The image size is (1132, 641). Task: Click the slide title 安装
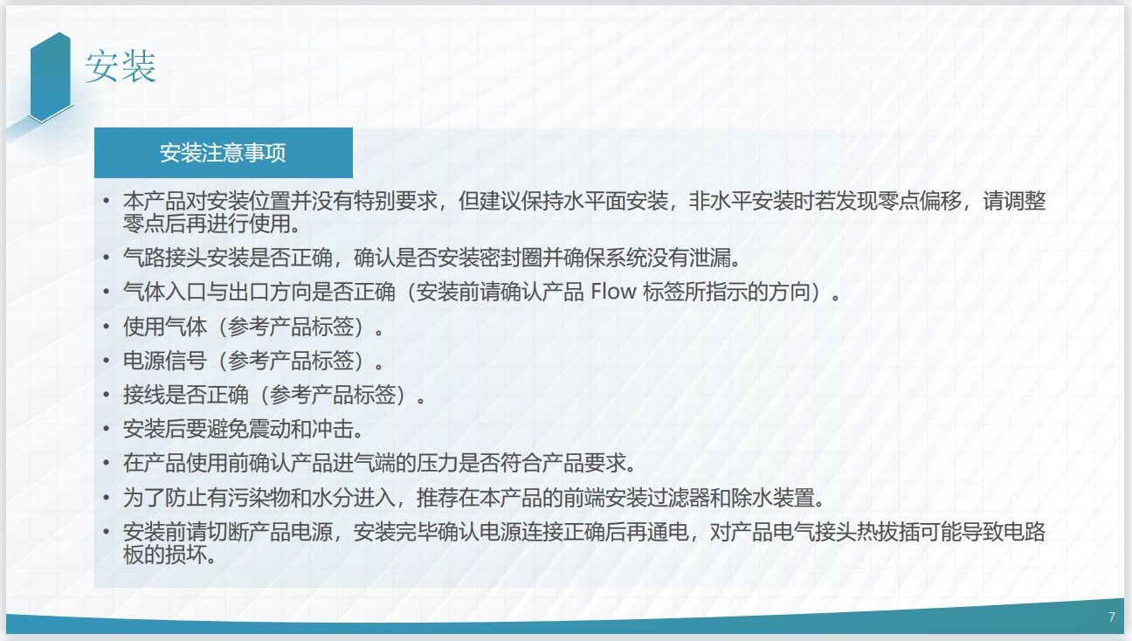[x=121, y=66]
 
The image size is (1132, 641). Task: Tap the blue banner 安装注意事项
[x=224, y=153]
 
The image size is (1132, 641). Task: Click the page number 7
[x=1112, y=617]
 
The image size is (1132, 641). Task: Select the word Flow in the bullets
[x=613, y=292]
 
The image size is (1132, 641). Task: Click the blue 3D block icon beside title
[x=50, y=77]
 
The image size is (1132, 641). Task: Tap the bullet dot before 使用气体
[x=107, y=327]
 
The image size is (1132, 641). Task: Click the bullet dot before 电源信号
[x=107, y=360]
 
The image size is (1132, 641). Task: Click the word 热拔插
[x=887, y=532]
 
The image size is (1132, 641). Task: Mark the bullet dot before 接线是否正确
[x=107, y=395]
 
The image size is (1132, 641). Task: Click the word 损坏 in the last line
[x=186, y=555]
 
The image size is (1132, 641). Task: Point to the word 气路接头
[x=165, y=258]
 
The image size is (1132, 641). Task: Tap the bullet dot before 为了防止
[x=107, y=498]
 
